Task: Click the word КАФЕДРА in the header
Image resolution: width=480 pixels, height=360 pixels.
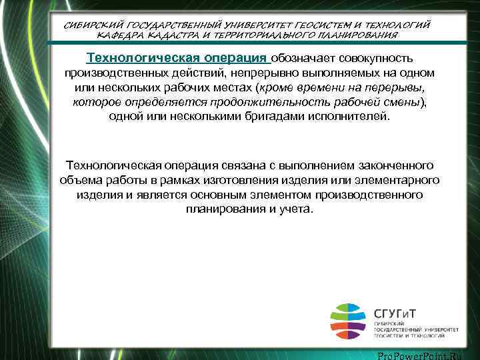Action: [x=119, y=34]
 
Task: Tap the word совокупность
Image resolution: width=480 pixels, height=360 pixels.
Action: [x=383, y=59]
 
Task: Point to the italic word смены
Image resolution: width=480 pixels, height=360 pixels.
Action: [x=403, y=102]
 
